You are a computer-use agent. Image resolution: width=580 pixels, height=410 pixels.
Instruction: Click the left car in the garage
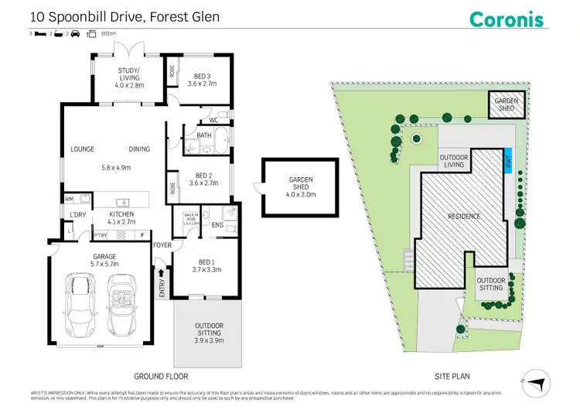[x=77, y=304]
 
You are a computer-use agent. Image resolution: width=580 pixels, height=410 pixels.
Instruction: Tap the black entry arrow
[x=162, y=272]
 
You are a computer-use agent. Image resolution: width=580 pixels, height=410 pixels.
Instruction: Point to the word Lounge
[x=82, y=149]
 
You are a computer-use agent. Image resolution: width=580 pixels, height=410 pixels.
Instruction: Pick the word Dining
[x=139, y=149]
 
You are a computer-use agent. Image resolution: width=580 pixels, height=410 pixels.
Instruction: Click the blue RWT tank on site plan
[x=508, y=161]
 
